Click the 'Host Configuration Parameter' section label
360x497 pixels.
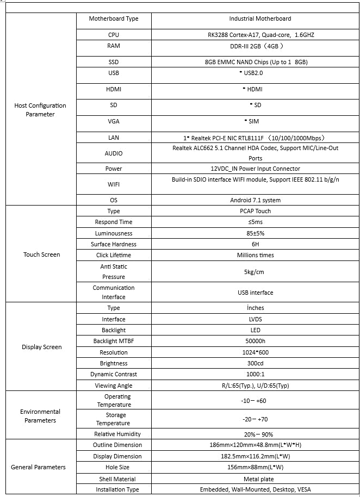coord(40,110)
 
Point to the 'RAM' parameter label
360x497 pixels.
coord(114,46)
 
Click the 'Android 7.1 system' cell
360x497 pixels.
coord(255,200)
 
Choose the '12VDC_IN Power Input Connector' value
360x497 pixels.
coord(255,169)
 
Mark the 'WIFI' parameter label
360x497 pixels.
coord(114,184)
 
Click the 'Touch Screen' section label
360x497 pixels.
coord(42,254)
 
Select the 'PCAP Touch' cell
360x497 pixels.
coord(255,211)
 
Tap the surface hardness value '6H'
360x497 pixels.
coord(255,244)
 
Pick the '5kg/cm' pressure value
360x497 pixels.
coord(255,271)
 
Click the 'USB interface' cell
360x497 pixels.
coord(255,293)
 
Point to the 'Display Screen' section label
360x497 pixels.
coord(42,347)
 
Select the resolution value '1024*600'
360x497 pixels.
coord(255,352)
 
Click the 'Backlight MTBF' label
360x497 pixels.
coord(114,341)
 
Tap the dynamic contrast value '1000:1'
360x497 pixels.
coord(255,374)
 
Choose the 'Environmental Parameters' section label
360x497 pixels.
coord(40,416)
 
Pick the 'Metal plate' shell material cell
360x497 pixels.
coord(255,479)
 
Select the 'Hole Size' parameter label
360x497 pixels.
coord(114,467)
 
